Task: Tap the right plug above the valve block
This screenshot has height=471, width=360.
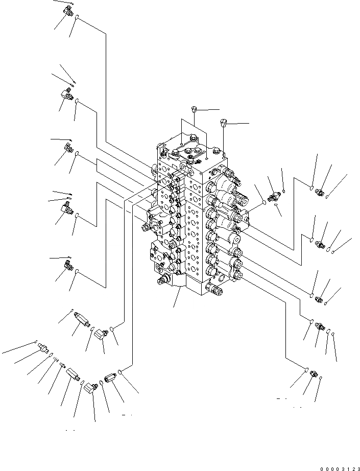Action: point(223,122)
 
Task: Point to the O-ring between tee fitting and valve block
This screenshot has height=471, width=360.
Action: point(263,202)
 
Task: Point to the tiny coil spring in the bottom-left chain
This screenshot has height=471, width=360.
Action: point(56,359)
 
